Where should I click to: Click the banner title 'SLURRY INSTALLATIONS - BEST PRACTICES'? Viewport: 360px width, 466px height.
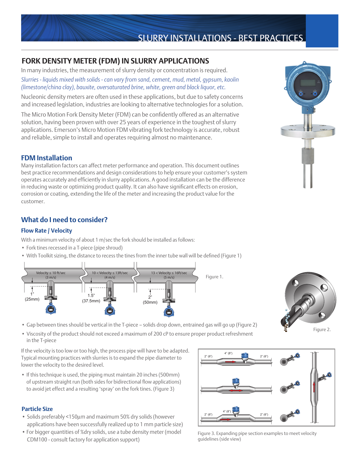220,38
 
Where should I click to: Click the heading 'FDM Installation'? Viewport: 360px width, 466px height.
47,158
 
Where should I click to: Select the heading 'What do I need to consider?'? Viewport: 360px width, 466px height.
64,220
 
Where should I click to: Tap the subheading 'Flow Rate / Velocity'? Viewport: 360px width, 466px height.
47,231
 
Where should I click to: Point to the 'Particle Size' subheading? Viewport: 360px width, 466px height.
37,409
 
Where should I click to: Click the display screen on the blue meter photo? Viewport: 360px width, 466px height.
308,83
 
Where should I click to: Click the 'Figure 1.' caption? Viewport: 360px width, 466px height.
214,277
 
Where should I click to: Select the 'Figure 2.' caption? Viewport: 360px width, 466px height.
322,330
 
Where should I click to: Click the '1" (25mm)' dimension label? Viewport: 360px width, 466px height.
32,297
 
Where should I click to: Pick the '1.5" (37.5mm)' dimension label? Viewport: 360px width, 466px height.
91,298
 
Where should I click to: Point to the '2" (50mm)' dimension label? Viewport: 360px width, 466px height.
150,300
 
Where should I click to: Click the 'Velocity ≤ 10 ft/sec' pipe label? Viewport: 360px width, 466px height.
51,273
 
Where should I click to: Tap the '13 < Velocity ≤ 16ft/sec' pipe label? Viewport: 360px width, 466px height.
169,273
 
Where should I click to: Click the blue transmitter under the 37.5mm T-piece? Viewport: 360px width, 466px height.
110,310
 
